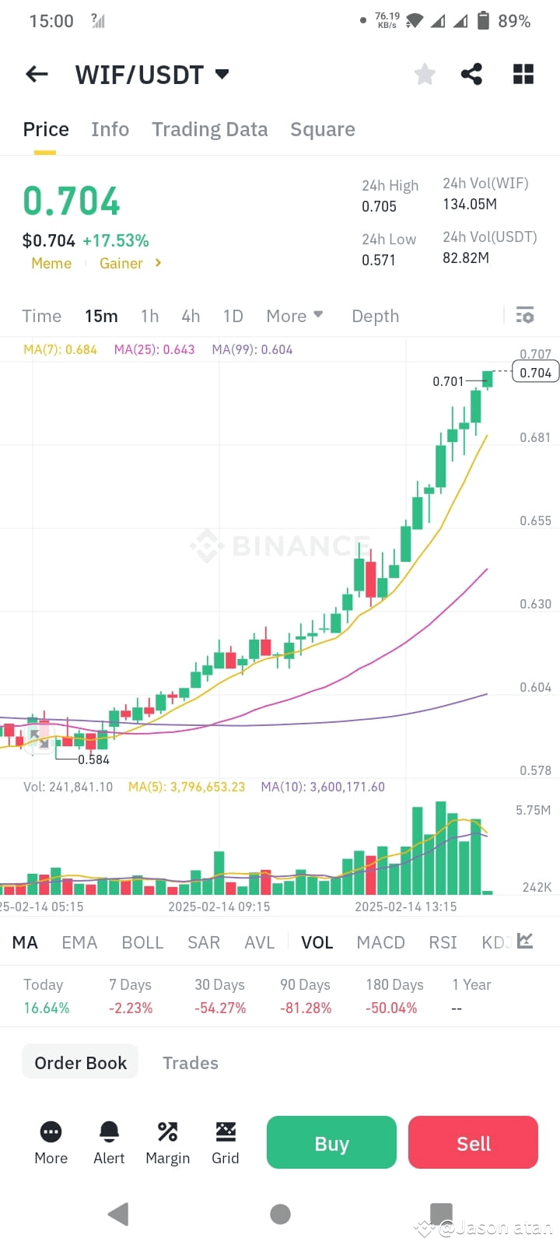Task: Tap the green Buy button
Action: point(331,1143)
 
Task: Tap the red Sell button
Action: point(473,1143)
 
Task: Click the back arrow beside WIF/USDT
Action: point(37,74)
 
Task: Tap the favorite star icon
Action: point(425,74)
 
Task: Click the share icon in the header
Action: point(471,74)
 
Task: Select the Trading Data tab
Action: point(209,129)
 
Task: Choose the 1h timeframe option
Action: point(149,316)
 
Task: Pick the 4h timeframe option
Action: point(191,316)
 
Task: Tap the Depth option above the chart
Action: point(375,316)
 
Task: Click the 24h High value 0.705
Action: point(379,206)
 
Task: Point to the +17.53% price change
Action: point(116,240)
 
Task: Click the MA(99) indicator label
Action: point(252,349)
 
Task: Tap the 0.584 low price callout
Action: point(93,759)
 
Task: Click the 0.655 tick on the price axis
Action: point(535,521)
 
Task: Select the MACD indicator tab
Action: point(380,942)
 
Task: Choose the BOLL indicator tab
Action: point(142,942)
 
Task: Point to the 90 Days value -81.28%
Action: point(306,1008)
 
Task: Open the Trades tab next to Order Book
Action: point(190,1063)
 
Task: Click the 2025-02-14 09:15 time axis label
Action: point(219,907)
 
